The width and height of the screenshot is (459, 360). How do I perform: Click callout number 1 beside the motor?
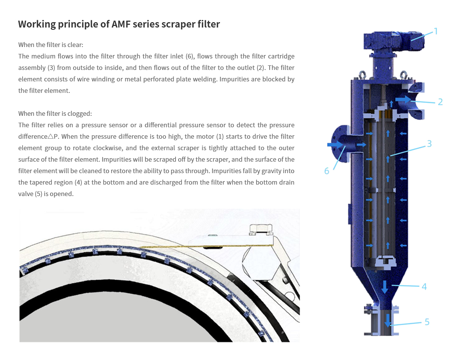click(435, 31)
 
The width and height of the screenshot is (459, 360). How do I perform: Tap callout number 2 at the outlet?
click(440, 102)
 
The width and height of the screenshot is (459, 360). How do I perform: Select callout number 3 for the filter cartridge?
click(429, 144)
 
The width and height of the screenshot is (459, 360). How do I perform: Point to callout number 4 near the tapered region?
click(424, 287)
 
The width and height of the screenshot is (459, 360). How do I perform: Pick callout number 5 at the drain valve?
click(427, 322)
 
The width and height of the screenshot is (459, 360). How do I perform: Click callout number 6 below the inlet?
click(327, 171)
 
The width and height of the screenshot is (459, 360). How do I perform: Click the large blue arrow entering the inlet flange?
click(335, 144)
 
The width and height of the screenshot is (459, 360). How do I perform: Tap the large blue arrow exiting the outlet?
click(403, 99)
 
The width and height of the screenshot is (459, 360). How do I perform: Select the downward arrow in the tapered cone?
click(385, 287)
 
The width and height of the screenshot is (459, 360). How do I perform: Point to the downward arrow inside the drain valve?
click(387, 321)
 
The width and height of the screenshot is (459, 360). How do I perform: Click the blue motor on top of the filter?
click(394, 42)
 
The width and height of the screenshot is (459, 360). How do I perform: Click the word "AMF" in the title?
click(120, 24)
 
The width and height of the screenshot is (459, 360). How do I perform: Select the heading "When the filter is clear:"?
click(51, 45)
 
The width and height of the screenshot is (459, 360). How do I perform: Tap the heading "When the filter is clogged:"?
click(55, 114)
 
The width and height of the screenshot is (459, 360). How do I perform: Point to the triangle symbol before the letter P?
click(50, 136)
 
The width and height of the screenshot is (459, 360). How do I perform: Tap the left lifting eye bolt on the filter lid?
click(363, 75)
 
